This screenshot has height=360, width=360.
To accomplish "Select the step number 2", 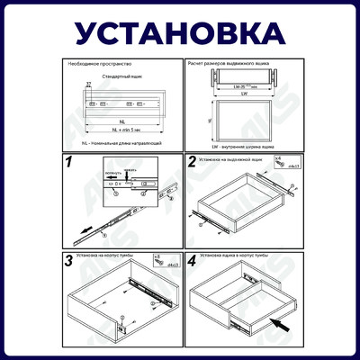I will pyautogui.click(x=193, y=162).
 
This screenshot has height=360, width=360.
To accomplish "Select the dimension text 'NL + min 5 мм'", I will pyautogui.click(x=120, y=131).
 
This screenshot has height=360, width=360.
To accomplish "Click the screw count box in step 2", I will pyautogui.click(x=278, y=163).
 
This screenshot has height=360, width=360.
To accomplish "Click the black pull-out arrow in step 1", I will pyautogui.click(x=82, y=228).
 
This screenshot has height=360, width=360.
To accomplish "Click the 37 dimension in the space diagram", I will pyautogui.click(x=88, y=84).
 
